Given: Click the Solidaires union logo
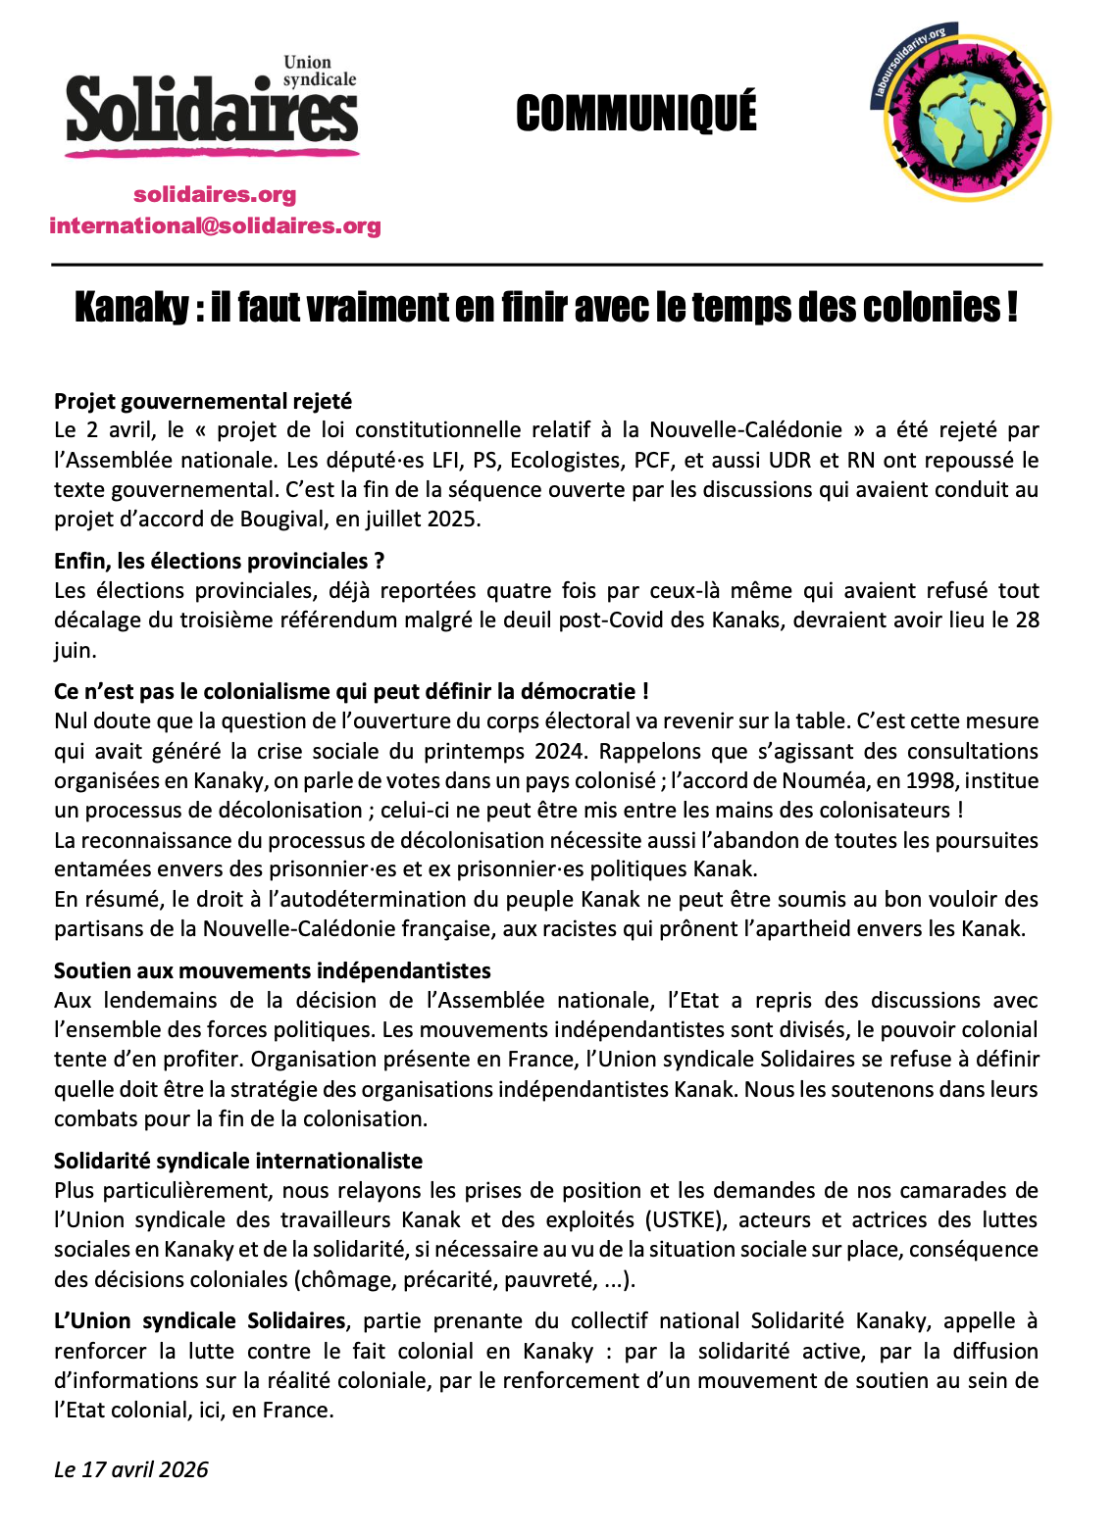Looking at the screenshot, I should coord(212,109).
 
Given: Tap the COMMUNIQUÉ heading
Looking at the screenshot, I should coord(635,114).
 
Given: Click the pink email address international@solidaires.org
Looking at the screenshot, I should coord(215,226).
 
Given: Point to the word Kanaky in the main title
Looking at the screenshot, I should coord(131,308).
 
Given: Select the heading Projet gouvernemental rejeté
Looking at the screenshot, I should coord(203,401).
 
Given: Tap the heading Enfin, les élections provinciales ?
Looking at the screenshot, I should coord(219,561).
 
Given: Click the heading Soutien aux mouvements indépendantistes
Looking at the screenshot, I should coord(273,970).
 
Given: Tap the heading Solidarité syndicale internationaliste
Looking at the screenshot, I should coord(238,1161).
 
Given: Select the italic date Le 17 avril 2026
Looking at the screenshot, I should coord(131,1469).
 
